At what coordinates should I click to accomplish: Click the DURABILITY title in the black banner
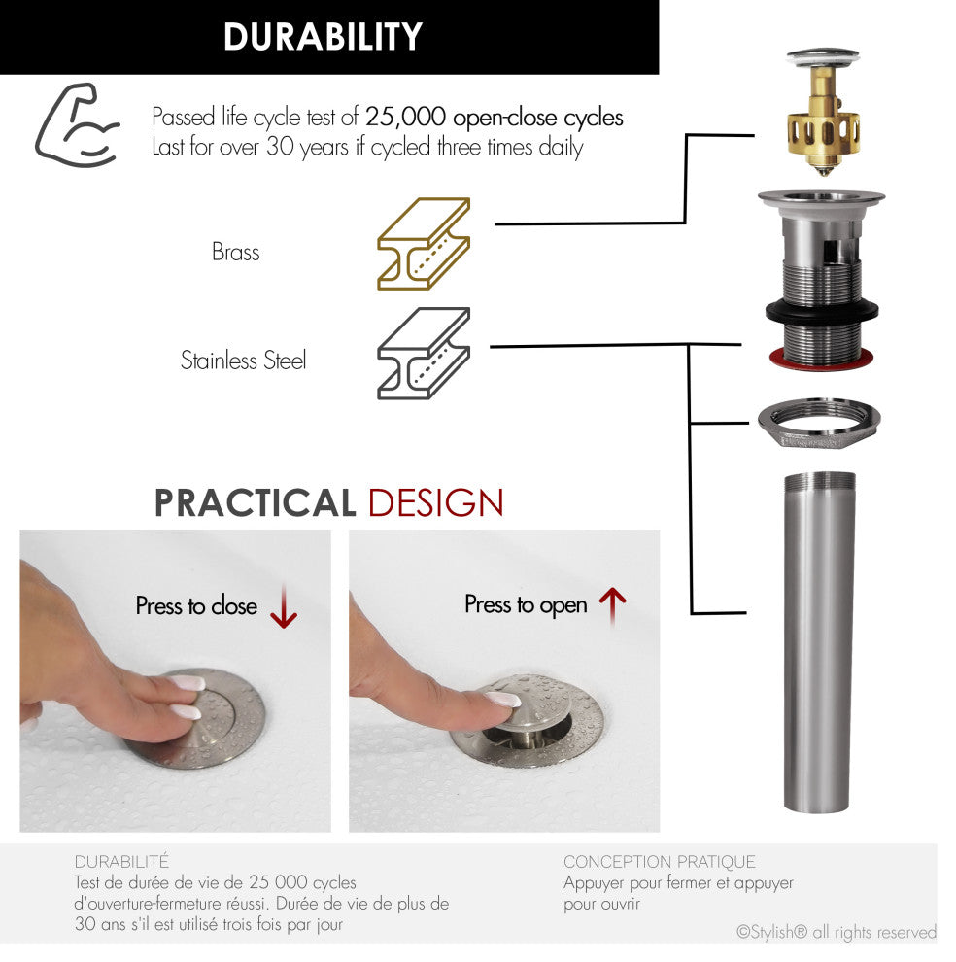click(323, 37)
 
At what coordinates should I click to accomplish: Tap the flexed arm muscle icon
click(76, 125)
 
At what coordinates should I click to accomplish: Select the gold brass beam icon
click(424, 244)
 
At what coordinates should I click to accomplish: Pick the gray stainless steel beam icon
click(424, 354)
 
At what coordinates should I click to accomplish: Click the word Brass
click(236, 252)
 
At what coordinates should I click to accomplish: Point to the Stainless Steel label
click(243, 361)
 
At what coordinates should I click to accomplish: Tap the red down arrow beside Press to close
click(284, 606)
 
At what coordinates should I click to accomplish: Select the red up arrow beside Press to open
click(612, 606)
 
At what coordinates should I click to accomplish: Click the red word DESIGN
click(435, 503)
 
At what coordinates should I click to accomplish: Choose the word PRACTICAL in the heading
click(255, 503)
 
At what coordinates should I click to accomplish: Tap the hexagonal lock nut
click(819, 424)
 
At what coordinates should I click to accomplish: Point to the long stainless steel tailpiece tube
click(819, 641)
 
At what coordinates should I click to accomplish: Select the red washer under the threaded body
click(822, 359)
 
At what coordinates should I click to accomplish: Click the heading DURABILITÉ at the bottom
click(121, 861)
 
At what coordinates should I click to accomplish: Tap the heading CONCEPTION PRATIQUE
click(659, 861)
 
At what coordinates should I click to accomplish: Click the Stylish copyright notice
click(836, 932)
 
